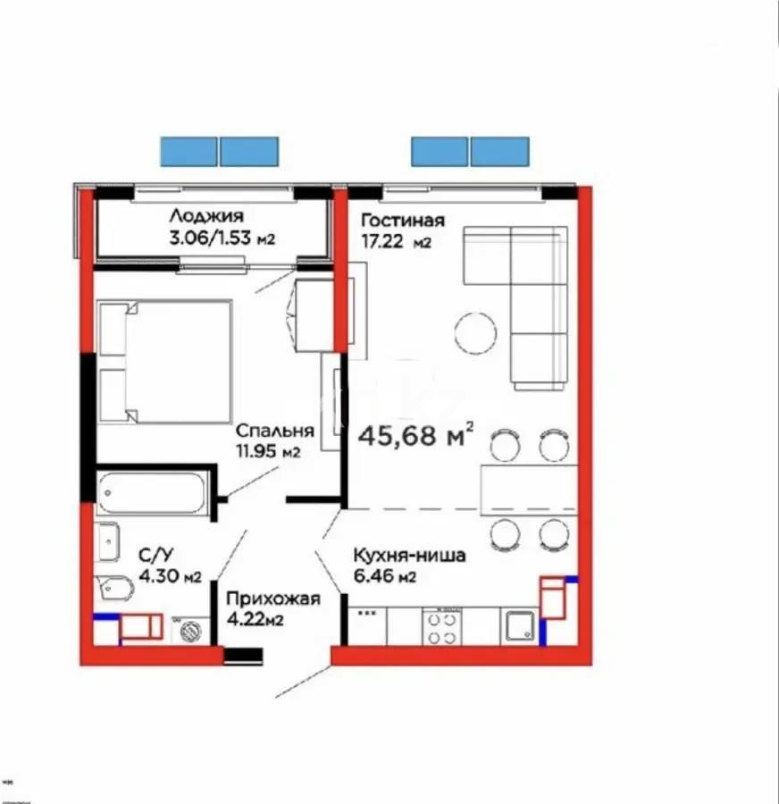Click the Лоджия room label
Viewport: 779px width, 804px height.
205,215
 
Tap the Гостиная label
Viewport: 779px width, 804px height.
402,220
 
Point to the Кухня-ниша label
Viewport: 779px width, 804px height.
407,556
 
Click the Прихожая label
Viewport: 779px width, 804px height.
272,599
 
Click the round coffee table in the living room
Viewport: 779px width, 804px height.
474,333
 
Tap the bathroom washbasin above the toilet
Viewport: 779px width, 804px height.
106,540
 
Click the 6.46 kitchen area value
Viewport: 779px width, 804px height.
373,576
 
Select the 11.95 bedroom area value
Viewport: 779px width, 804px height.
258,451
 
